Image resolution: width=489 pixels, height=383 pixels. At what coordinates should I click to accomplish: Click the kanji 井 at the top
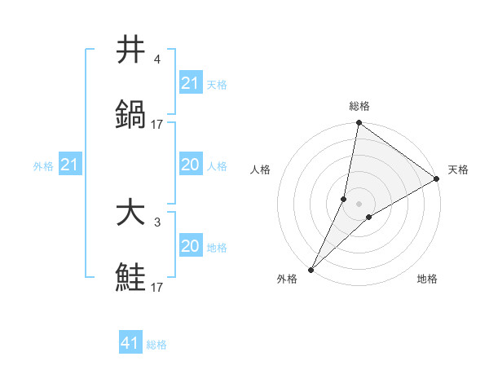[x=130, y=51]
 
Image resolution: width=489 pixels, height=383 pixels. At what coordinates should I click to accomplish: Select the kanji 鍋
[x=130, y=116]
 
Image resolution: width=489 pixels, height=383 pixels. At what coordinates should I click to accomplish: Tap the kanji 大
[x=130, y=214]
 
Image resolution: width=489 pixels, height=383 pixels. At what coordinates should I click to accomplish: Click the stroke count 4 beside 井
[x=156, y=59]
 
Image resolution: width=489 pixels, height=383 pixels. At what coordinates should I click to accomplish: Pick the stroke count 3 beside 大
[x=156, y=222]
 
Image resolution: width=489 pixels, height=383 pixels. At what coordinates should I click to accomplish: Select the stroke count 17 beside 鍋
[x=156, y=125]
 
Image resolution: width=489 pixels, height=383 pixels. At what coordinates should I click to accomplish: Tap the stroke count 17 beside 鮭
[x=156, y=287]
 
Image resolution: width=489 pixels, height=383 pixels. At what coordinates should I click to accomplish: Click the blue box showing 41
[x=130, y=343]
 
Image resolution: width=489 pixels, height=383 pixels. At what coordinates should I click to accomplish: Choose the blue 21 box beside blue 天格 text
[x=191, y=83]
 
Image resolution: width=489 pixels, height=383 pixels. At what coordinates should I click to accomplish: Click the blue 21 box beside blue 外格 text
[x=70, y=165]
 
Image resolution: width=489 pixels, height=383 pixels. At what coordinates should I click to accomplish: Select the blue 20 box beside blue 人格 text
[x=191, y=165]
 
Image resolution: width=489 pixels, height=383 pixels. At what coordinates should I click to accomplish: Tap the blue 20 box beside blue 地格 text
[x=191, y=246]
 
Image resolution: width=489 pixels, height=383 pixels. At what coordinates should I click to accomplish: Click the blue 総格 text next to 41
[x=157, y=345]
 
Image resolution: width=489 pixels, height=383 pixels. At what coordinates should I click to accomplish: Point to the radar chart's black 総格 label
[x=359, y=107]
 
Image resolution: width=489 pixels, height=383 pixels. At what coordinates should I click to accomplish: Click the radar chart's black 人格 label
[x=261, y=170]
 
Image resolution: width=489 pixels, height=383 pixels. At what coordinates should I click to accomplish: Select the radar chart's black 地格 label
[x=427, y=280]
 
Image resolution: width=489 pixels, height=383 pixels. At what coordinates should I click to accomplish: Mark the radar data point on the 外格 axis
[x=311, y=269]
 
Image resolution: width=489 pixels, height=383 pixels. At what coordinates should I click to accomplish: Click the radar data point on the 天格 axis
[x=437, y=179]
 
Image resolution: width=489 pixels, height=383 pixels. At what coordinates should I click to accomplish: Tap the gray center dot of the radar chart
[x=359, y=204]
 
